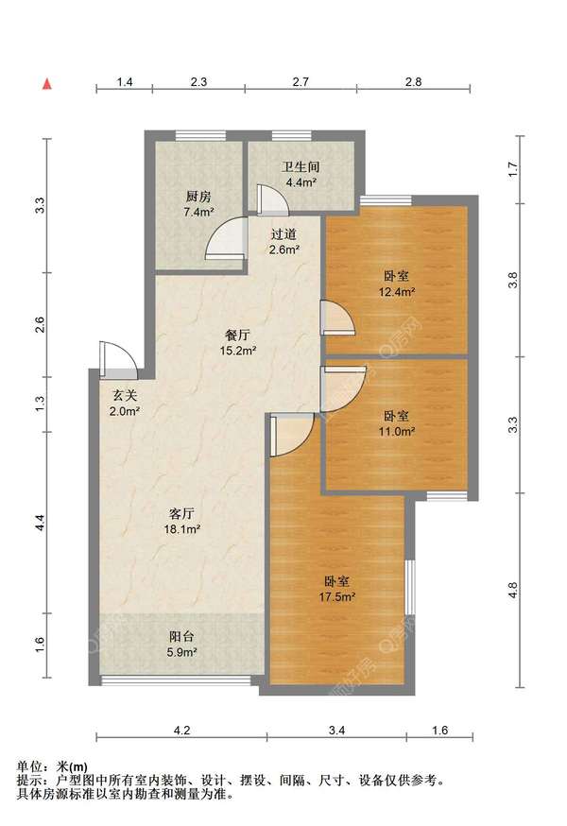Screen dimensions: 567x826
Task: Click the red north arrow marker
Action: (x=47, y=84)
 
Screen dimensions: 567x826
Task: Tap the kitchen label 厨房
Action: (x=198, y=197)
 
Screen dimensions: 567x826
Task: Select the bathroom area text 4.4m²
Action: (x=301, y=182)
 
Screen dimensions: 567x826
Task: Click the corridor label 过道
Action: (x=284, y=234)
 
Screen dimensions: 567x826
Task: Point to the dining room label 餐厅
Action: (x=237, y=335)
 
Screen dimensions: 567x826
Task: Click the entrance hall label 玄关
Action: (x=125, y=396)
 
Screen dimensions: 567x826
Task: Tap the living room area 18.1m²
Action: (x=181, y=529)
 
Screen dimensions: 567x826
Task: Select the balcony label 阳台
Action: (x=181, y=636)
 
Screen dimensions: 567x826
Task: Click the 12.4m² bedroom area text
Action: (x=397, y=291)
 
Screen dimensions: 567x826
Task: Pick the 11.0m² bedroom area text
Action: (x=397, y=432)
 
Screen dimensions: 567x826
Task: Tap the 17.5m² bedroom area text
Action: (x=336, y=597)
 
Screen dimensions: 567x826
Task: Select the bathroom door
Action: (x=272, y=199)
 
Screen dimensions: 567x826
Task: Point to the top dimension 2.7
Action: (x=301, y=81)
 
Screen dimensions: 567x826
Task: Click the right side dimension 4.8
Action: (x=513, y=590)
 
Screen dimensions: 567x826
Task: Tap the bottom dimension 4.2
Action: (x=181, y=731)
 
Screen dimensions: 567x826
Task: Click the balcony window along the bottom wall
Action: (x=176, y=680)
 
